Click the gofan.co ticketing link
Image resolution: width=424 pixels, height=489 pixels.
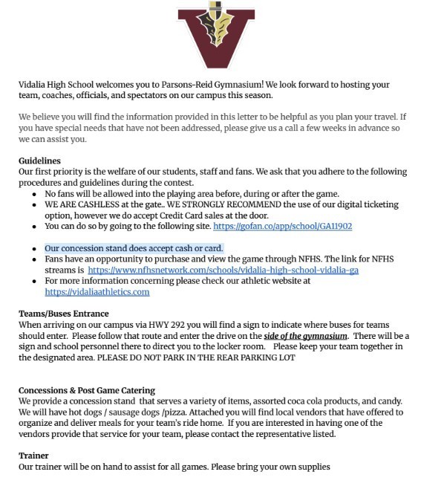pos(282,226)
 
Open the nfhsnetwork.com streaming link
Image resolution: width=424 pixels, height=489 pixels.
pos(223,271)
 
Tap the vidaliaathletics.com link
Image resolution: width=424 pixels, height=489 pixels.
pos(97,292)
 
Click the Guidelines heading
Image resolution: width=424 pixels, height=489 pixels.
pos(39,161)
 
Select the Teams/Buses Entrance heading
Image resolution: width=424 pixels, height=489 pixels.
pos(64,314)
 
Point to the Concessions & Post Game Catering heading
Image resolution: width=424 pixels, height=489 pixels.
pos(87,391)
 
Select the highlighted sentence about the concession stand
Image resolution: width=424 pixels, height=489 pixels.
pos(134,248)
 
